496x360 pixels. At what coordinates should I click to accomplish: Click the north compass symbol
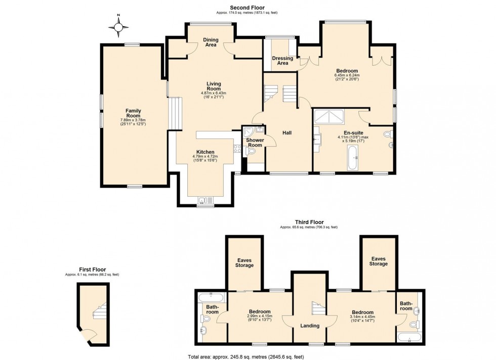click(x=118, y=27)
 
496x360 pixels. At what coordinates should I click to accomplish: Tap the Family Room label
click(x=134, y=113)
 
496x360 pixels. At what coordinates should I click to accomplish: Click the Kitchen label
click(x=205, y=152)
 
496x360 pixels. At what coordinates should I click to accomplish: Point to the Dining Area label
click(x=211, y=42)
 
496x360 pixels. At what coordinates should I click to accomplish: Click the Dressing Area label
click(x=282, y=61)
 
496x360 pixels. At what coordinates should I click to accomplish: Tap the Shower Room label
click(x=255, y=143)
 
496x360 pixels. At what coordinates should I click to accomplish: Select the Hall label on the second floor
click(x=287, y=133)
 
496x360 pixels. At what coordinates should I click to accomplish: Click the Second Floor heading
click(x=247, y=8)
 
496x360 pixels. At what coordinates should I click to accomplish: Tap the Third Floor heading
click(x=309, y=222)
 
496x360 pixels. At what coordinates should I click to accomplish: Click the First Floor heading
click(x=92, y=269)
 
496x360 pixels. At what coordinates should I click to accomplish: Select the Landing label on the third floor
click(x=309, y=326)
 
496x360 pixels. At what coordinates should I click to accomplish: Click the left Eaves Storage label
click(x=244, y=262)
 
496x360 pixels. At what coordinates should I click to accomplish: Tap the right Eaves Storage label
click(x=378, y=261)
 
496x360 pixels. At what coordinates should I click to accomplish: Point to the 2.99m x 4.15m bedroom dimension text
click(x=259, y=317)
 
